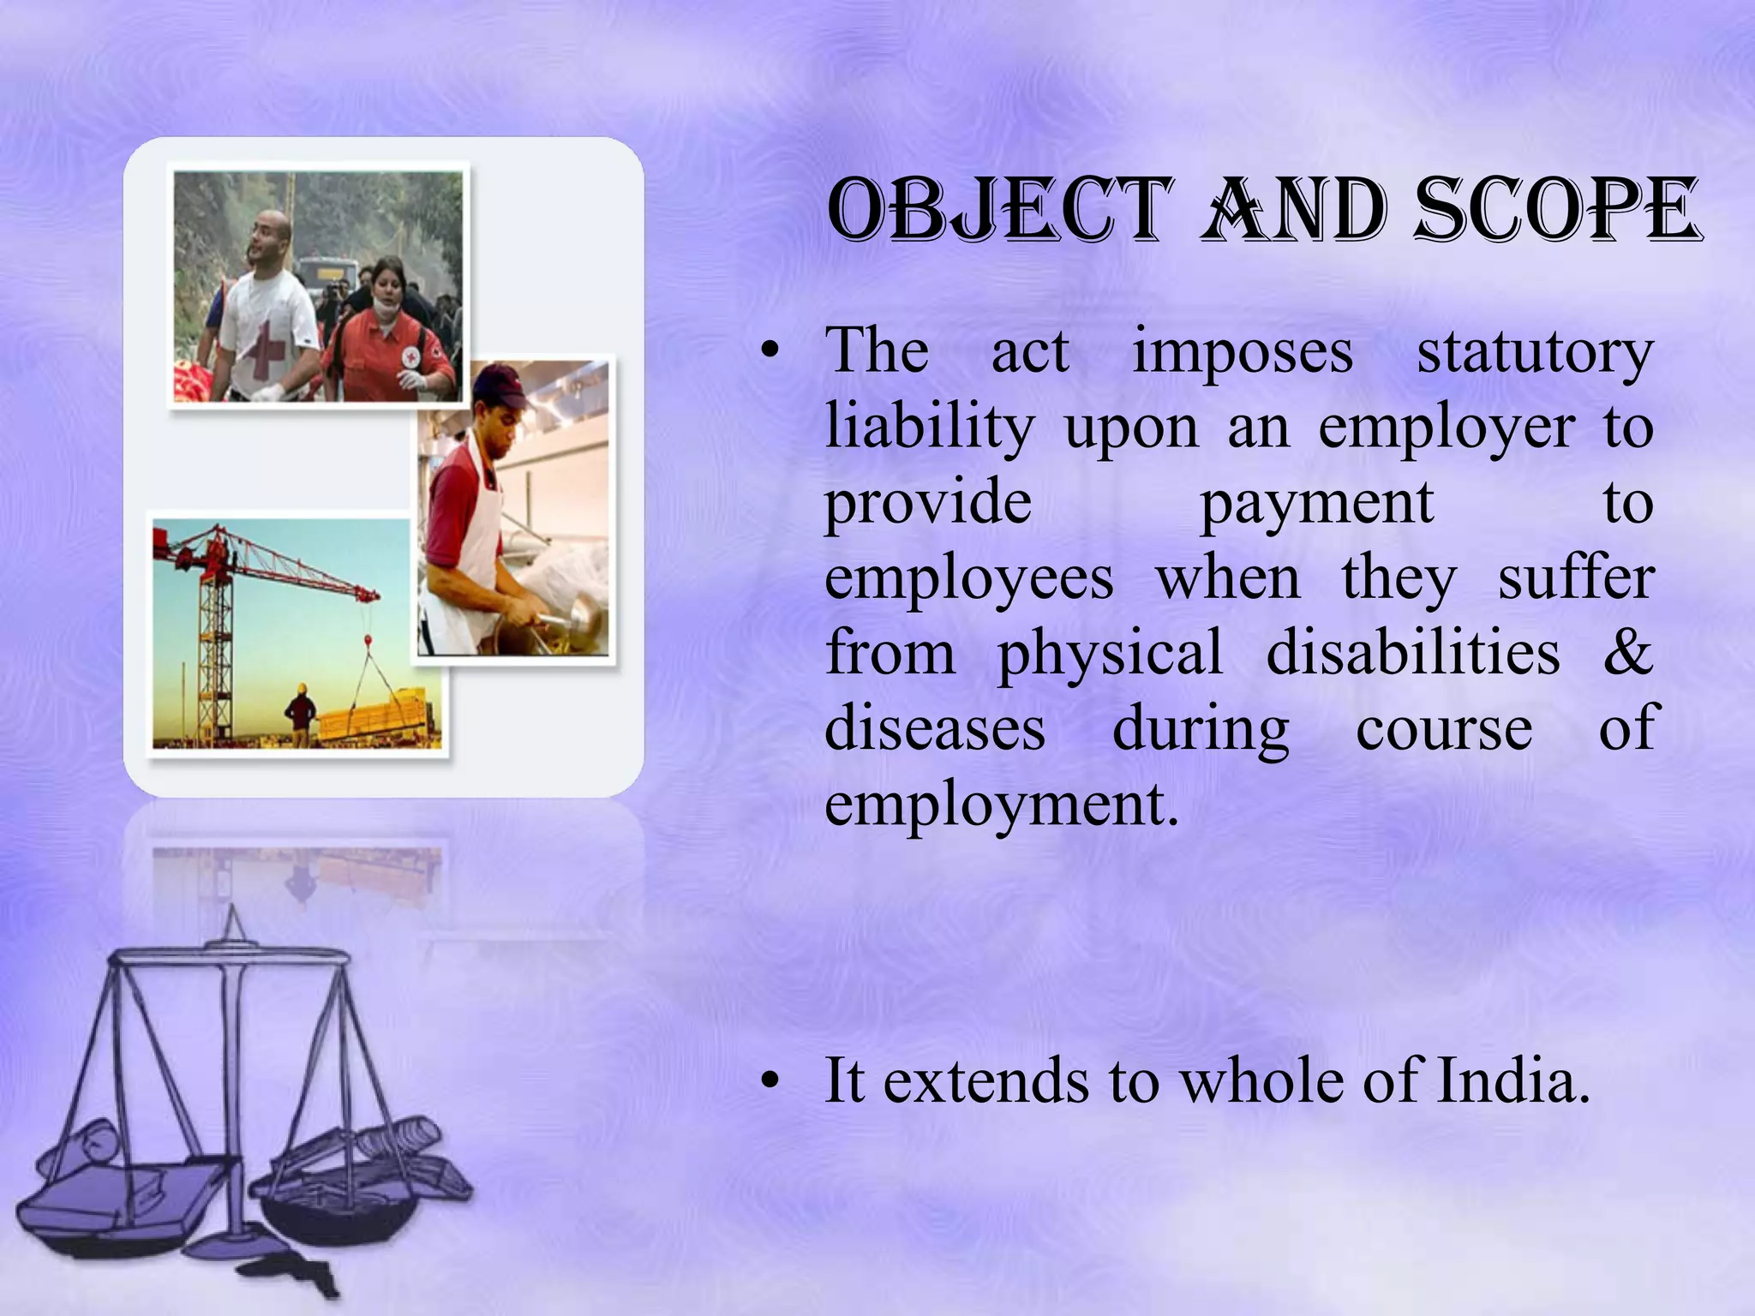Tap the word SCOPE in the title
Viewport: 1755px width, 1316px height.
click(1555, 210)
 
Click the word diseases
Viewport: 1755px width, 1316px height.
click(934, 728)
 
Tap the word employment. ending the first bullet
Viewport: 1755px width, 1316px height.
click(1001, 805)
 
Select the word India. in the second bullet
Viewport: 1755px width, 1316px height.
click(1512, 1081)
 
